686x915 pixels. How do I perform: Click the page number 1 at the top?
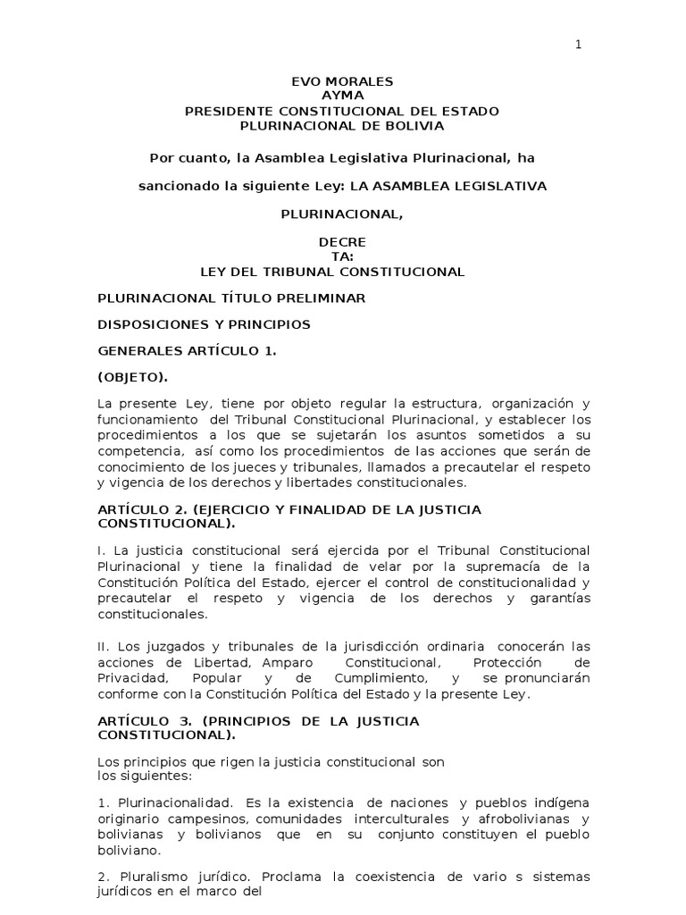point(578,46)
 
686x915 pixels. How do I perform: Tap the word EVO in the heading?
point(306,81)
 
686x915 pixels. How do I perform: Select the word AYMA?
point(342,96)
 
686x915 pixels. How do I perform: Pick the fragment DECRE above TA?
point(342,243)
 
